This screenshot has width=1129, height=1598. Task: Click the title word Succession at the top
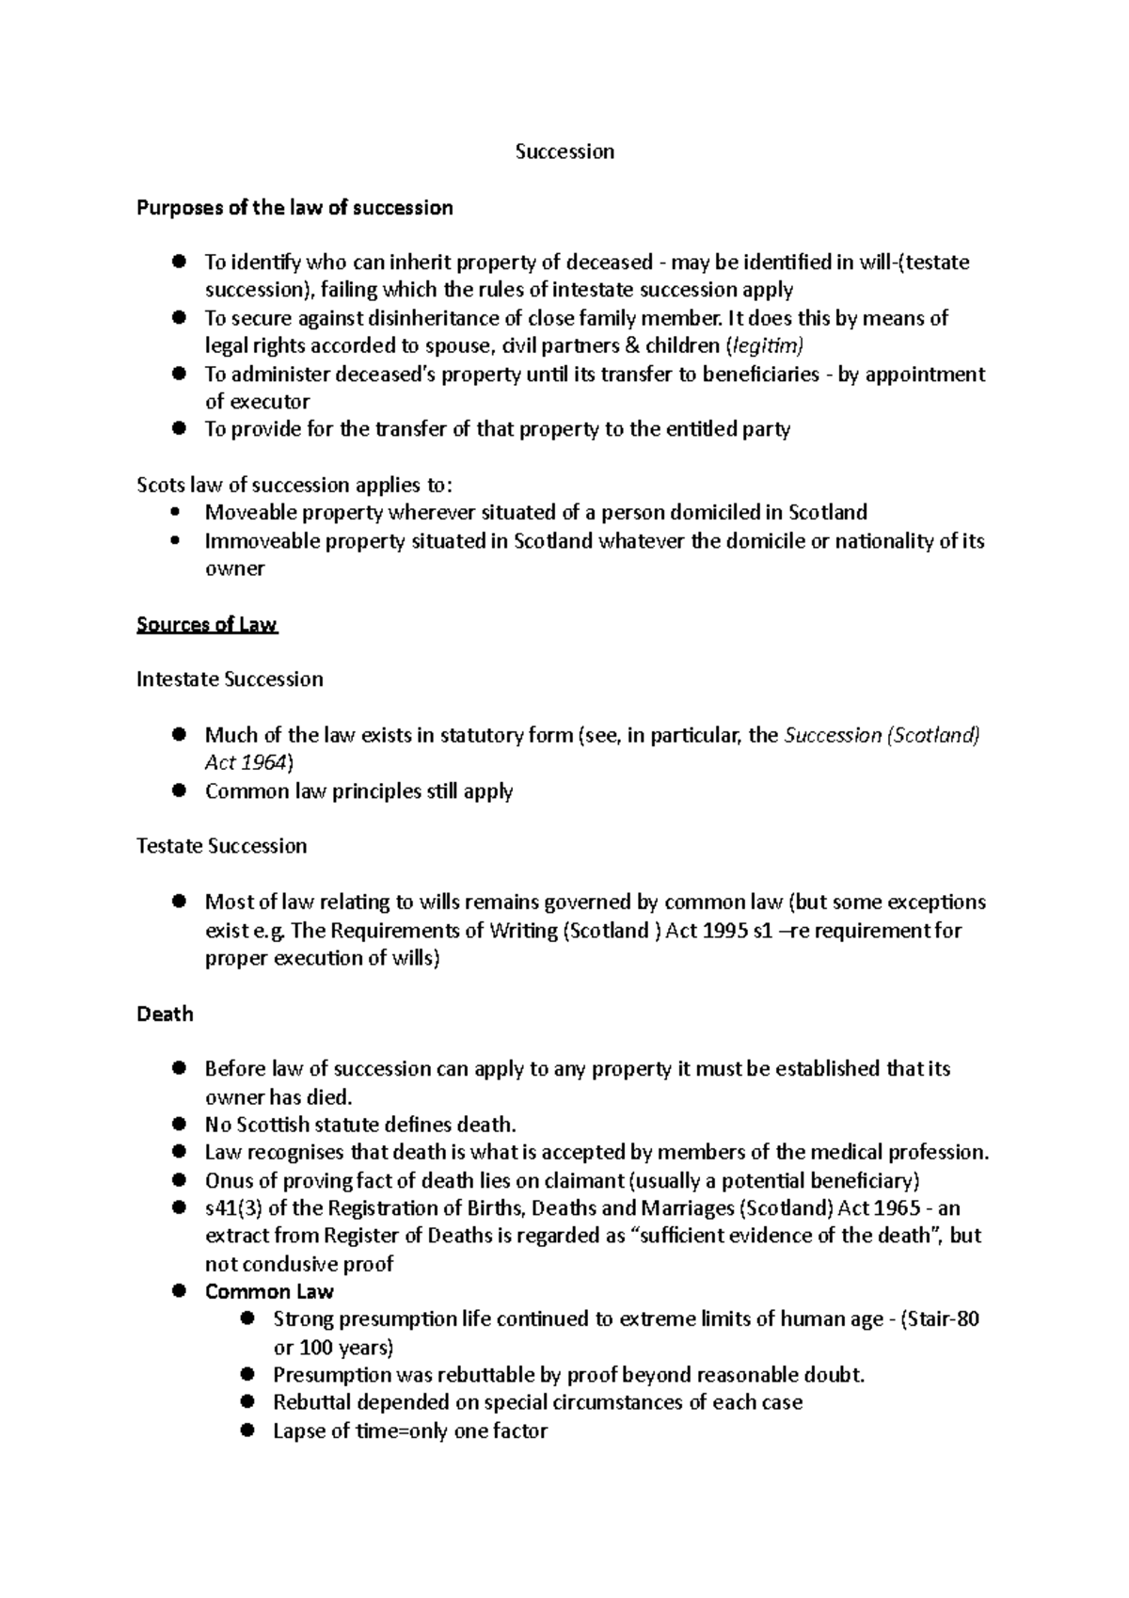(564, 152)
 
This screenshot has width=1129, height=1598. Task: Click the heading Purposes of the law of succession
(294, 207)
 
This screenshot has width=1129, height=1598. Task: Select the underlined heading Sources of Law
(207, 625)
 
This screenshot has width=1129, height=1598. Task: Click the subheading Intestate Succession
(230, 679)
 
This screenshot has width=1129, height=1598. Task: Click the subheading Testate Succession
(222, 846)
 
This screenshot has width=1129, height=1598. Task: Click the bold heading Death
(165, 1014)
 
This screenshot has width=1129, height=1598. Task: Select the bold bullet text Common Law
(269, 1291)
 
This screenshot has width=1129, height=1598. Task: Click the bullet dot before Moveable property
(177, 513)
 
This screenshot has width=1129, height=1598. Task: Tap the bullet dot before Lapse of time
(247, 1430)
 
